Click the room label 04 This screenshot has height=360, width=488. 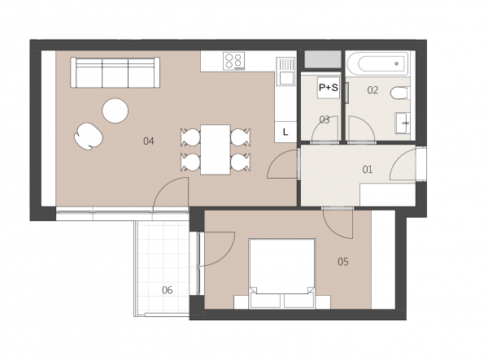pos(149,141)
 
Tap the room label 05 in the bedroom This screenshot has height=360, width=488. pos(343,262)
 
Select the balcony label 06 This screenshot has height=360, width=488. pos(167,290)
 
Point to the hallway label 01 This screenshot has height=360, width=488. pos(368,169)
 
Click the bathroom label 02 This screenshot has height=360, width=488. pos(373,90)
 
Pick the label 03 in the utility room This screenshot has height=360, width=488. pos(325,119)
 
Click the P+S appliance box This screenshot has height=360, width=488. pos(329,87)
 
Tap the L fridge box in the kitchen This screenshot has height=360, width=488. pos(285,132)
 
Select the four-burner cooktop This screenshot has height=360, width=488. pos(233,61)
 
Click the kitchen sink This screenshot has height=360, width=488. pos(285,72)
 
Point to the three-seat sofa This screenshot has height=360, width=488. pos(115,72)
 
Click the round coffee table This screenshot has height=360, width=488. pos(115,111)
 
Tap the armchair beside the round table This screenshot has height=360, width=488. pos(89,137)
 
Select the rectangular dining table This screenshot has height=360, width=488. pos(216,150)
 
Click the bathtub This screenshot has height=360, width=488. pos(378,64)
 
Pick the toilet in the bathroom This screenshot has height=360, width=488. pos(399,93)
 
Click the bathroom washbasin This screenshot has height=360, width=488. pos(403,124)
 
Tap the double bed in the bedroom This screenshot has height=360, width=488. pos(282,274)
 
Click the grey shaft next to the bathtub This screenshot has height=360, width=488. pos(323,59)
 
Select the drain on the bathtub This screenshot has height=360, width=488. pos(397,63)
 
